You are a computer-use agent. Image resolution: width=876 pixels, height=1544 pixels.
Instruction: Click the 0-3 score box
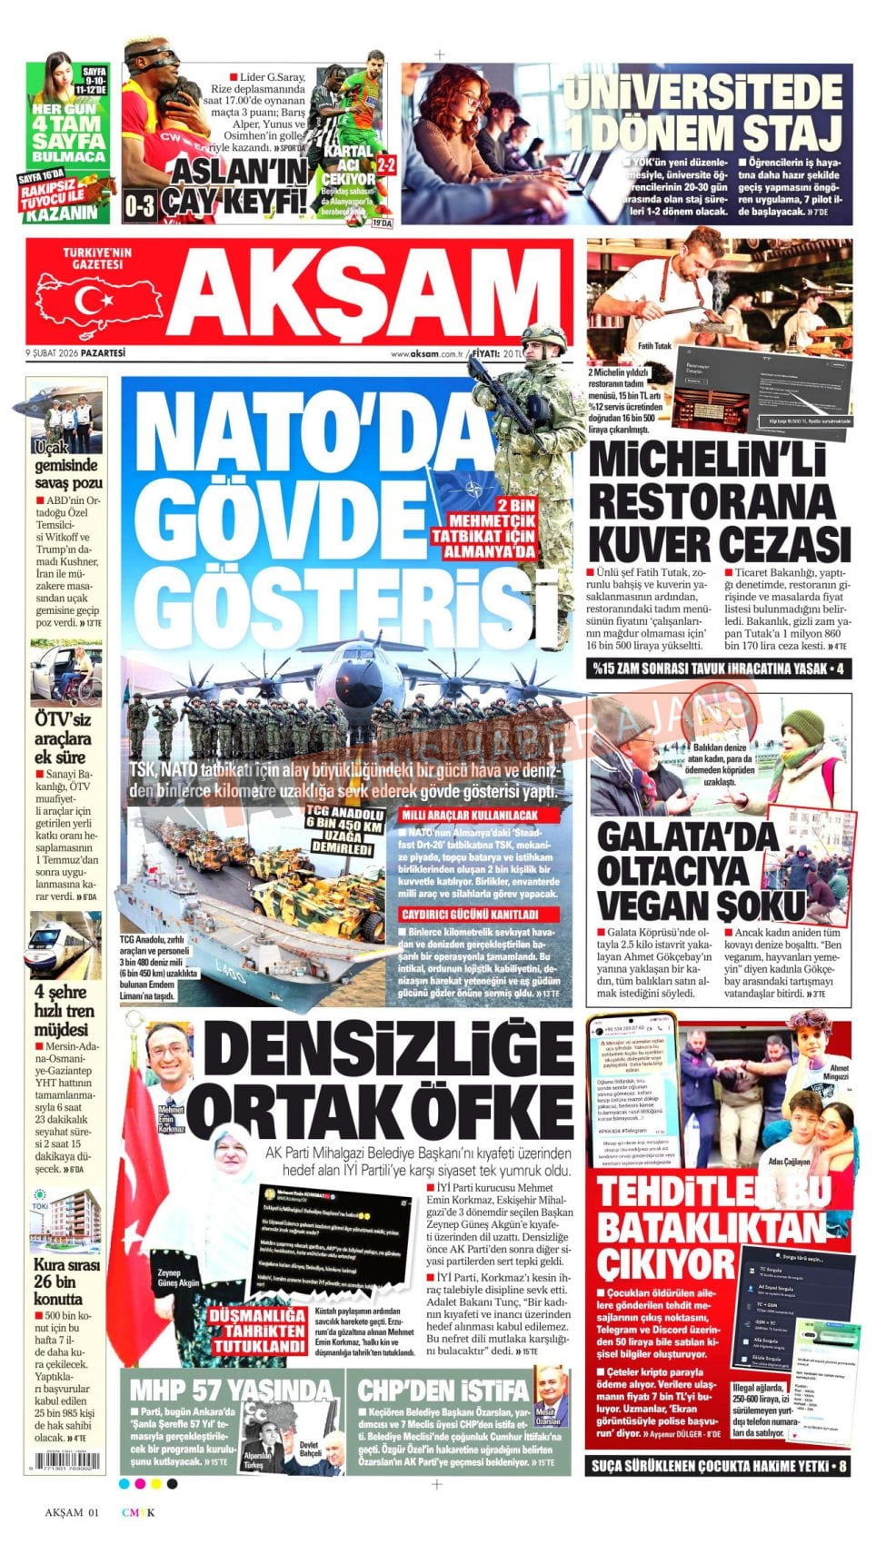point(139,205)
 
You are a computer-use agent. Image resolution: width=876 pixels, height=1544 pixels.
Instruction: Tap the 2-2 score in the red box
point(386,164)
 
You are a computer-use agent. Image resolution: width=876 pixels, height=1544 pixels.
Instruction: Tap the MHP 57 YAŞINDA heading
point(231,1391)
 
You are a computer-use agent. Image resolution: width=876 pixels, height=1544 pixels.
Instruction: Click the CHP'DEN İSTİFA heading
point(443,1391)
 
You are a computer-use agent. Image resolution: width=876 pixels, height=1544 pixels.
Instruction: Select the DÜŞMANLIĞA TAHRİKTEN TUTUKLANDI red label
point(259,1331)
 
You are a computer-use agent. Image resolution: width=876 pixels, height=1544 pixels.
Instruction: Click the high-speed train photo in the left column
point(66,945)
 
